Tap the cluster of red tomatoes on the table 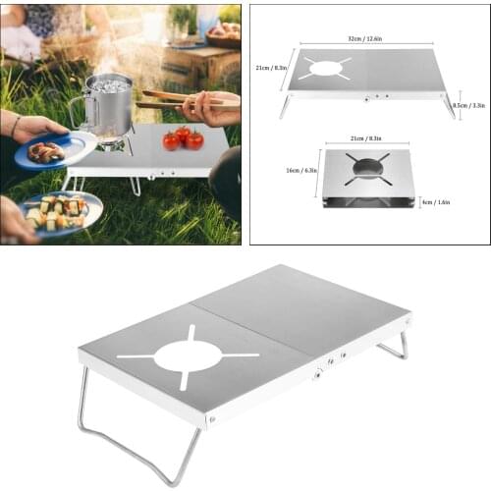coord(184,138)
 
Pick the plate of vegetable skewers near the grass coord(60,210)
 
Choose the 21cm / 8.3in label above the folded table coord(369,140)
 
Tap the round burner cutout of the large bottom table coord(188,355)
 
